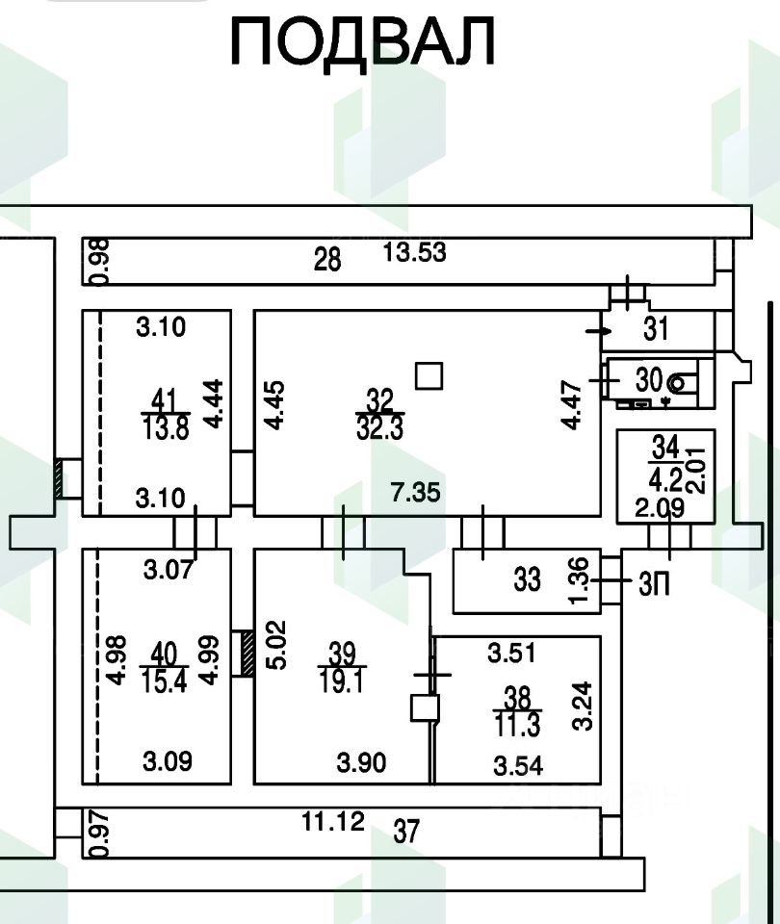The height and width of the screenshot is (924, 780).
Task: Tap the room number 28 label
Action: [x=327, y=259]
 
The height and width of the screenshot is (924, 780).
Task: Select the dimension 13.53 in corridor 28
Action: [x=415, y=253]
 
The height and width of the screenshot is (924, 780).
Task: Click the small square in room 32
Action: [x=429, y=374]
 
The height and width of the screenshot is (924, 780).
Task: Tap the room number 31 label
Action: [x=656, y=330]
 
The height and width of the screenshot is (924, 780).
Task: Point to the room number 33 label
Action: [x=527, y=580]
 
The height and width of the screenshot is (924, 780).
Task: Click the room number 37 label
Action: [x=407, y=831]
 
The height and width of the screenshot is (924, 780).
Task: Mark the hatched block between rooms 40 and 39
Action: [x=246, y=654]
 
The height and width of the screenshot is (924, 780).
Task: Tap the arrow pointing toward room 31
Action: [x=598, y=331]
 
